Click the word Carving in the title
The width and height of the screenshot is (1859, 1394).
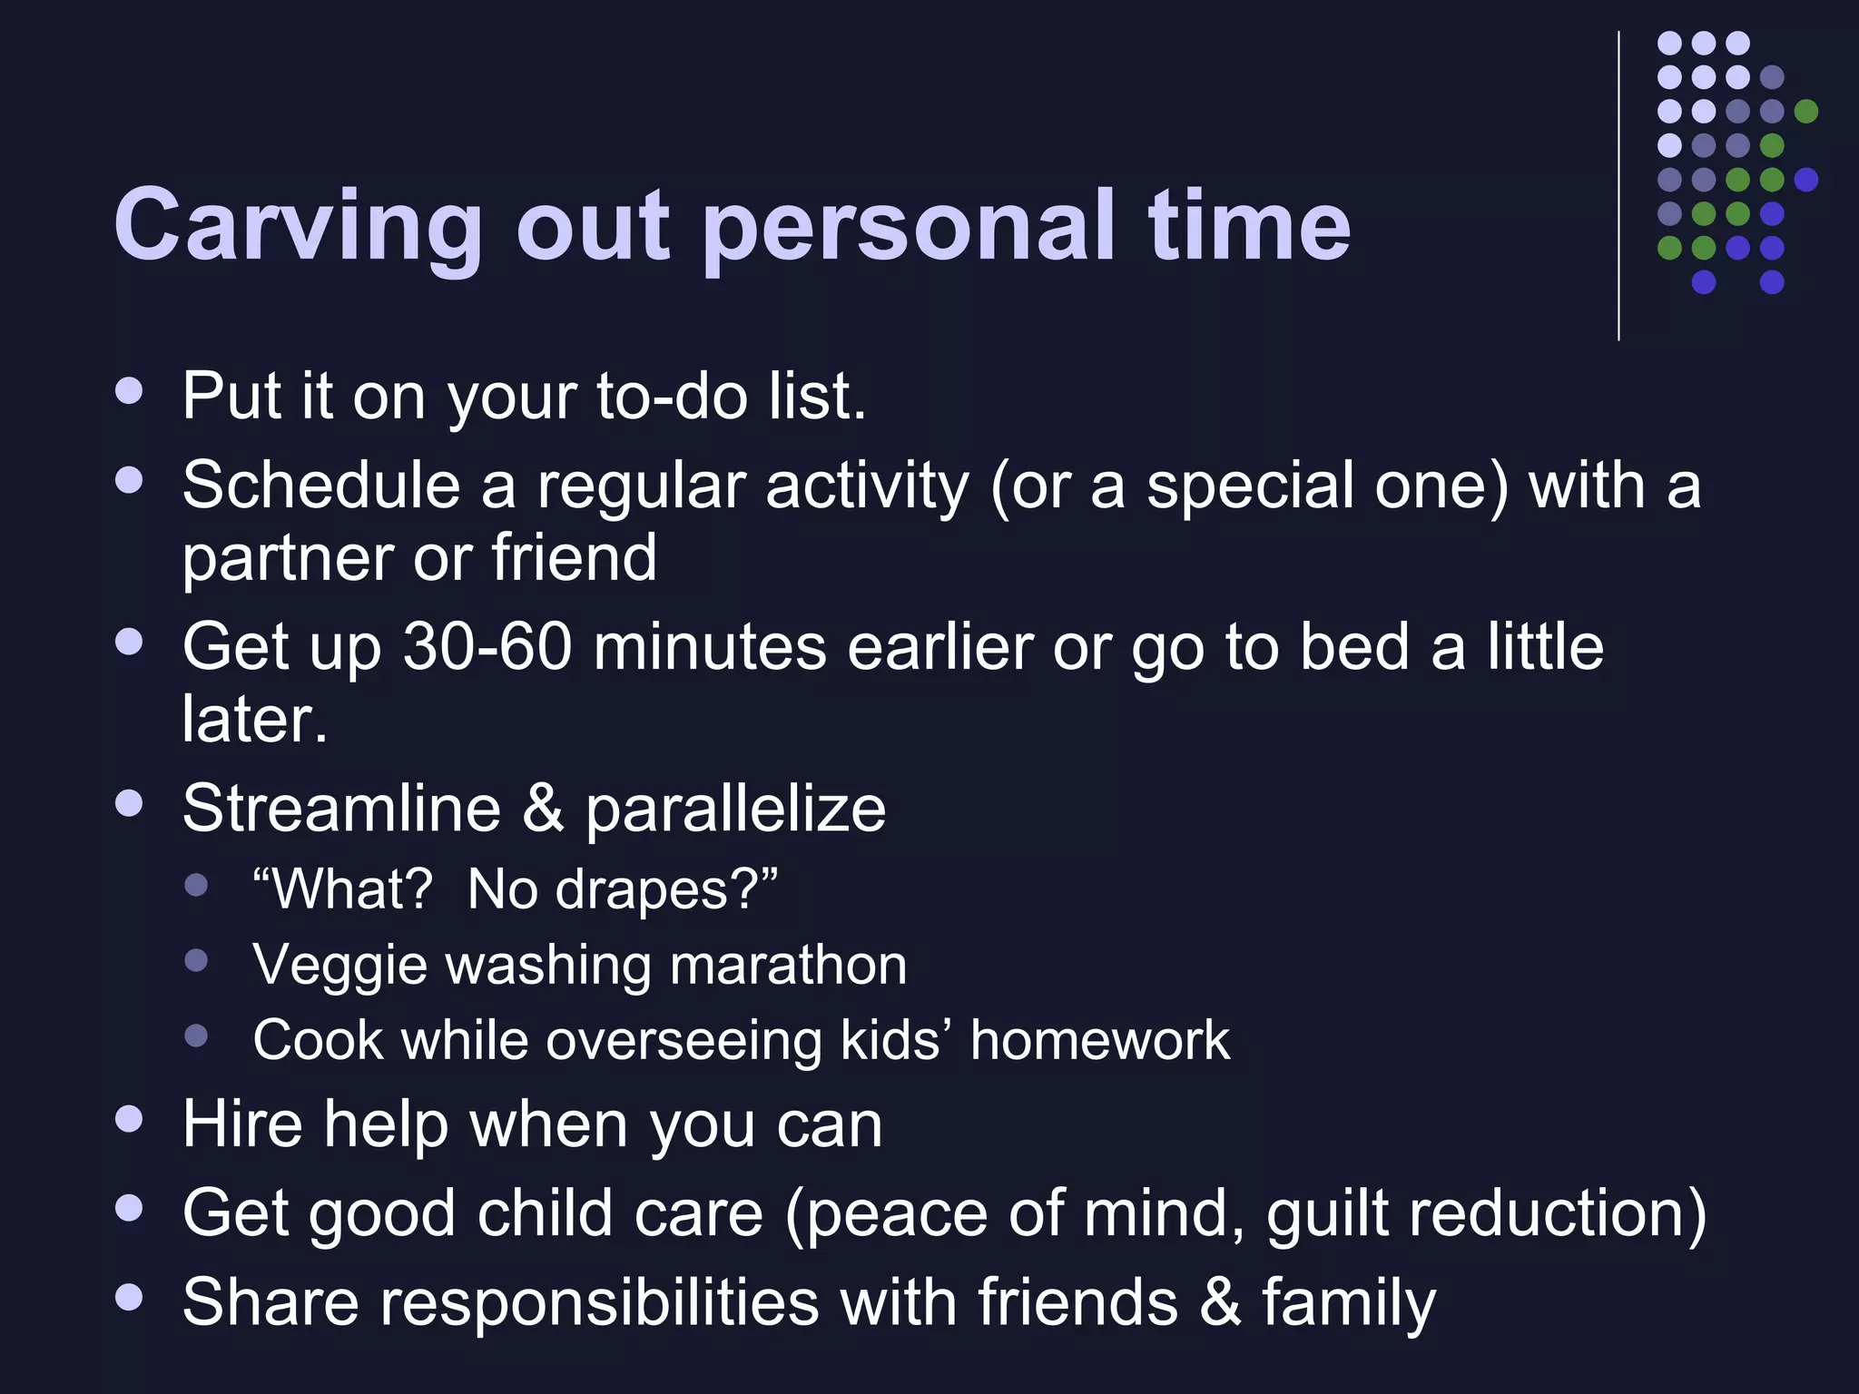297,224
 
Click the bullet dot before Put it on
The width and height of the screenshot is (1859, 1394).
130,391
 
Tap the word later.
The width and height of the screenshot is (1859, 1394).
254,719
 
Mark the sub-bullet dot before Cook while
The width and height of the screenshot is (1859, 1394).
196,1035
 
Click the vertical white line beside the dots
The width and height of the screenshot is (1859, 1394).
1618,186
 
